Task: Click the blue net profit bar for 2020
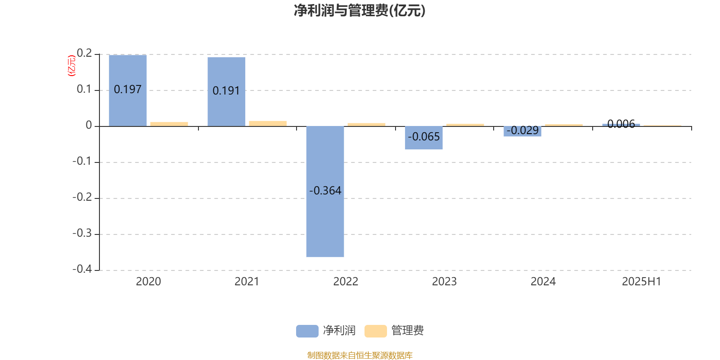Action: (128, 90)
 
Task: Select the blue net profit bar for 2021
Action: (226, 92)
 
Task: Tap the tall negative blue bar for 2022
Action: (325, 192)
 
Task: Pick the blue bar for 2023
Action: (423, 138)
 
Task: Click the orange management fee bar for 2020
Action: (169, 124)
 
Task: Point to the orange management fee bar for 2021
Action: (268, 124)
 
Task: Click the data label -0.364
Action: (325, 191)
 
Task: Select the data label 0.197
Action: (128, 90)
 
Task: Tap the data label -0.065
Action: (423, 137)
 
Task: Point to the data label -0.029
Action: (522, 130)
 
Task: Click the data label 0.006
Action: (621, 124)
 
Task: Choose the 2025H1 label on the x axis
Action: (642, 282)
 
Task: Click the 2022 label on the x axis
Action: (346, 282)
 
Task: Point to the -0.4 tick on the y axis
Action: (82, 269)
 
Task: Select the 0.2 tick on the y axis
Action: (84, 53)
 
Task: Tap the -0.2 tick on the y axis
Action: (82, 197)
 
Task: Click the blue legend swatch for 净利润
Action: (307, 331)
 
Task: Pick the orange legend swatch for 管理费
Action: (375, 331)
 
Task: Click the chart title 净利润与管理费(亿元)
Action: (360, 11)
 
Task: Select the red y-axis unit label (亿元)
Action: (72, 66)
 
